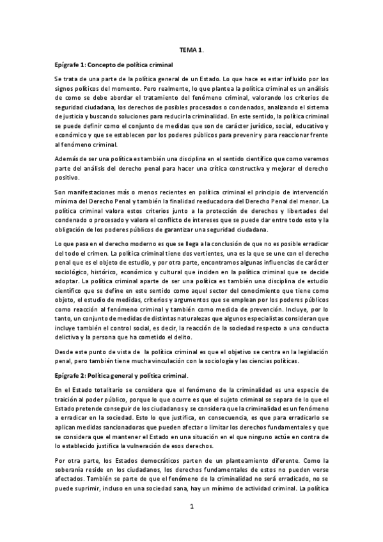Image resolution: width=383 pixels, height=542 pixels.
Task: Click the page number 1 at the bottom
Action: tap(191, 506)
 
